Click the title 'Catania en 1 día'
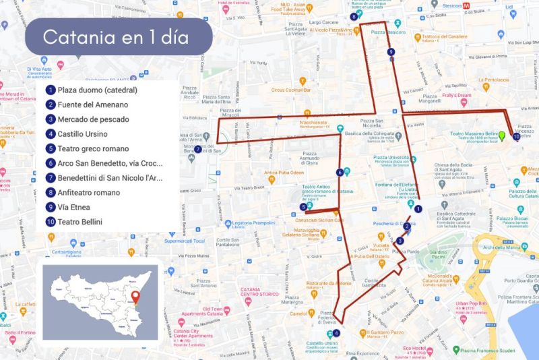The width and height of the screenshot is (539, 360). (x=116, y=36)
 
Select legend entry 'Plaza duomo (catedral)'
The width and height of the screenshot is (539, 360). (x=97, y=90)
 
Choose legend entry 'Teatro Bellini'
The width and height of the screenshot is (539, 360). (x=80, y=221)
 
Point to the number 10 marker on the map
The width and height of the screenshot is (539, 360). (x=515, y=137)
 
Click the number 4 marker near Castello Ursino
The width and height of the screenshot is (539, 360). (x=336, y=332)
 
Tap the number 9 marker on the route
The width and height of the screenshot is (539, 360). (x=391, y=52)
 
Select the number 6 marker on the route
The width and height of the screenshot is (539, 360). (x=340, y=173)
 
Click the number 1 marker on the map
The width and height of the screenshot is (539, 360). (x=418, y=209)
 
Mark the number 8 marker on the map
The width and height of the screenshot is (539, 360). (x=354, y=17)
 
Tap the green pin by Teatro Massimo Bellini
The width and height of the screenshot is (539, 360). (x=501, y=137)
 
